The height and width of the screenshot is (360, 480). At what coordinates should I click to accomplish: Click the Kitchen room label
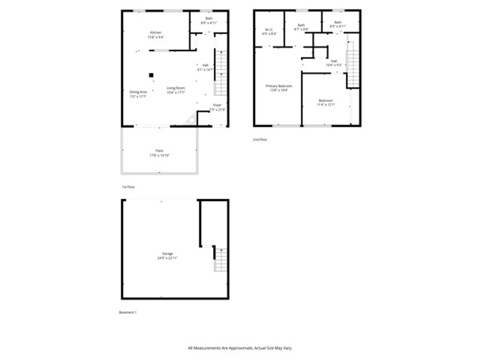pos(156,32)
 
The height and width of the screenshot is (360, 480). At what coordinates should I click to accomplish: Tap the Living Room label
pos(176,88)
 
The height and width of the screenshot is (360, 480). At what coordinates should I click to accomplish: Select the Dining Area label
pos(138,92)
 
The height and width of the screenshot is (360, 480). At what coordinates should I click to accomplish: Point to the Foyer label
pos(217,105)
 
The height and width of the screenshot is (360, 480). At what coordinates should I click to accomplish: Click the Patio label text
pos(159,150)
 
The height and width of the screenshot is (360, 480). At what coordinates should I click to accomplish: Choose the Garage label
pos(167,253)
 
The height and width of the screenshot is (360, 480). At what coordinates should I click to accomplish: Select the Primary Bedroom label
pos(278,86)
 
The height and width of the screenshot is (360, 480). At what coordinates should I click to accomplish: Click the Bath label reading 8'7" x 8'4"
pos(301,29)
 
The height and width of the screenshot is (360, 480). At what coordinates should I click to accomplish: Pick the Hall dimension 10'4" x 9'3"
pos(334,65)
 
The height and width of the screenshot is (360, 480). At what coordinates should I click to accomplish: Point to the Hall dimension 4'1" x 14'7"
pos(205,70)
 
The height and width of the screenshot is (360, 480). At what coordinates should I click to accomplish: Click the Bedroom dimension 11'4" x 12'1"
pos(325,105)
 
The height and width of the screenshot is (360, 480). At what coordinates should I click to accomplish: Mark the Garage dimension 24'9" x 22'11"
pos(167,258)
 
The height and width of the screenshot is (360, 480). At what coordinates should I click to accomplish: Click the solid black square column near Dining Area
pos(151,75)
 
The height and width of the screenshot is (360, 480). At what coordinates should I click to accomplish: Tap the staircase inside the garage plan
pos(221,260)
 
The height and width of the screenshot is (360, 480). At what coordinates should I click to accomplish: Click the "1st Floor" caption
pos(128,187)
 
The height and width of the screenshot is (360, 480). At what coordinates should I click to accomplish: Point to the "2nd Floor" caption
pos(260,139)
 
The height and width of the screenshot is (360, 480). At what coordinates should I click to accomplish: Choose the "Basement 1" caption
pos(127,312)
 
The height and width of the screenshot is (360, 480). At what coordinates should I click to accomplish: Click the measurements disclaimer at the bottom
pos(240,348)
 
